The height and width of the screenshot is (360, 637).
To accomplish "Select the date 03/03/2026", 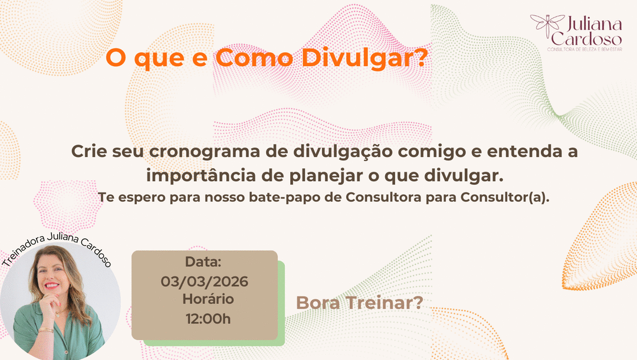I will [205, 281].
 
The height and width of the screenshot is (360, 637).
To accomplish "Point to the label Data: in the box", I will [203, 261].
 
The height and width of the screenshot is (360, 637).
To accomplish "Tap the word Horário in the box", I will [208, 299].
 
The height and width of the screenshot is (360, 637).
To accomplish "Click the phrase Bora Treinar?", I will [360, 303].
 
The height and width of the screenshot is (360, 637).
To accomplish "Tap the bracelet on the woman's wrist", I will [46, 330].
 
